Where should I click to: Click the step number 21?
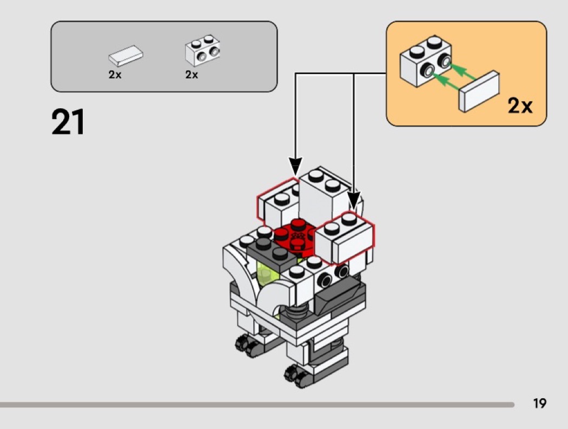tap(68, 122)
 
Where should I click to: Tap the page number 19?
tap(539, 403)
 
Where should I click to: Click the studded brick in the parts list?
tap(202, 51)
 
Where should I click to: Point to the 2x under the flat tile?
tap(115, 75)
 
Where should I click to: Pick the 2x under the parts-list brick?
tap(191, 75)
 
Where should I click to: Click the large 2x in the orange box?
tap(520, 106)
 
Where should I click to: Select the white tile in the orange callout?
tap(479, 91)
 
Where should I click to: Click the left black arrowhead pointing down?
tap(295, 164)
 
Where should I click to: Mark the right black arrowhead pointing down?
tap(354, 200)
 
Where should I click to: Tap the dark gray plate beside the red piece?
tap(268, 252)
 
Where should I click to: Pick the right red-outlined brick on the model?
tap(347, 238)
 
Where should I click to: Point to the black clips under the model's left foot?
tap(247, 344)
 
